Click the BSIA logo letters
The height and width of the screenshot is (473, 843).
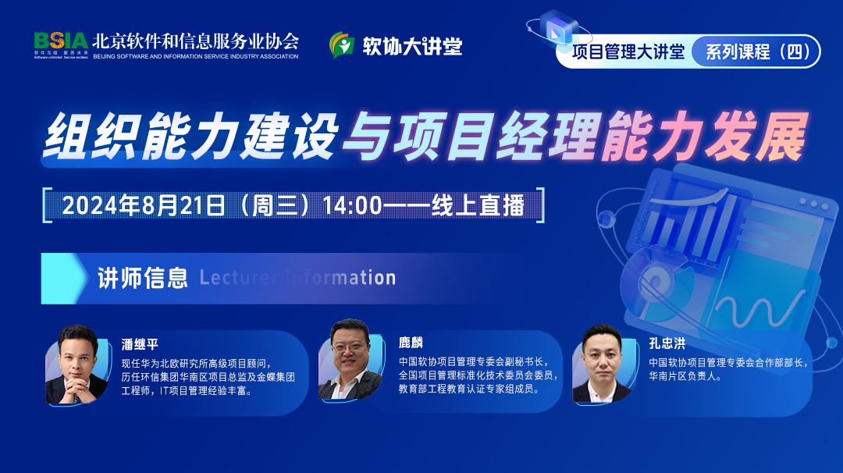point(61,41)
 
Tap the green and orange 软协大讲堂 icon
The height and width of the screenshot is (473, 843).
point(341,44)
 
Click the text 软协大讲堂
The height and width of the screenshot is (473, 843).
point(412,46)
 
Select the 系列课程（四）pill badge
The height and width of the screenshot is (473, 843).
point(756,52)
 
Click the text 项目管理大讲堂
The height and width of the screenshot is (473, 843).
point(628,52)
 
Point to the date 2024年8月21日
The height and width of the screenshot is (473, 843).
point(143,205)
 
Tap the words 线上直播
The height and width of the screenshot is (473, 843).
point(478,205)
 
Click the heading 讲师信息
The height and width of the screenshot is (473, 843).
point(143,278)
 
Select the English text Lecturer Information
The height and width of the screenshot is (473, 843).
point(298,278)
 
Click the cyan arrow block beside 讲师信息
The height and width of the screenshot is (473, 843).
point(65,279)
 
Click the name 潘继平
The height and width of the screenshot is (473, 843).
point(140,344)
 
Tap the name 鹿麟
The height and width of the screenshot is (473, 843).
point(411,343)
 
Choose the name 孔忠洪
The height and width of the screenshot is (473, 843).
point(667,343)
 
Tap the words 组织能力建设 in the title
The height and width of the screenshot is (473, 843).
point(191,136)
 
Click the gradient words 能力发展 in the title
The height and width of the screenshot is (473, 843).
point(704,136)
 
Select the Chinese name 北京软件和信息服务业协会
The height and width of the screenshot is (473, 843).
point(196,41)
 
